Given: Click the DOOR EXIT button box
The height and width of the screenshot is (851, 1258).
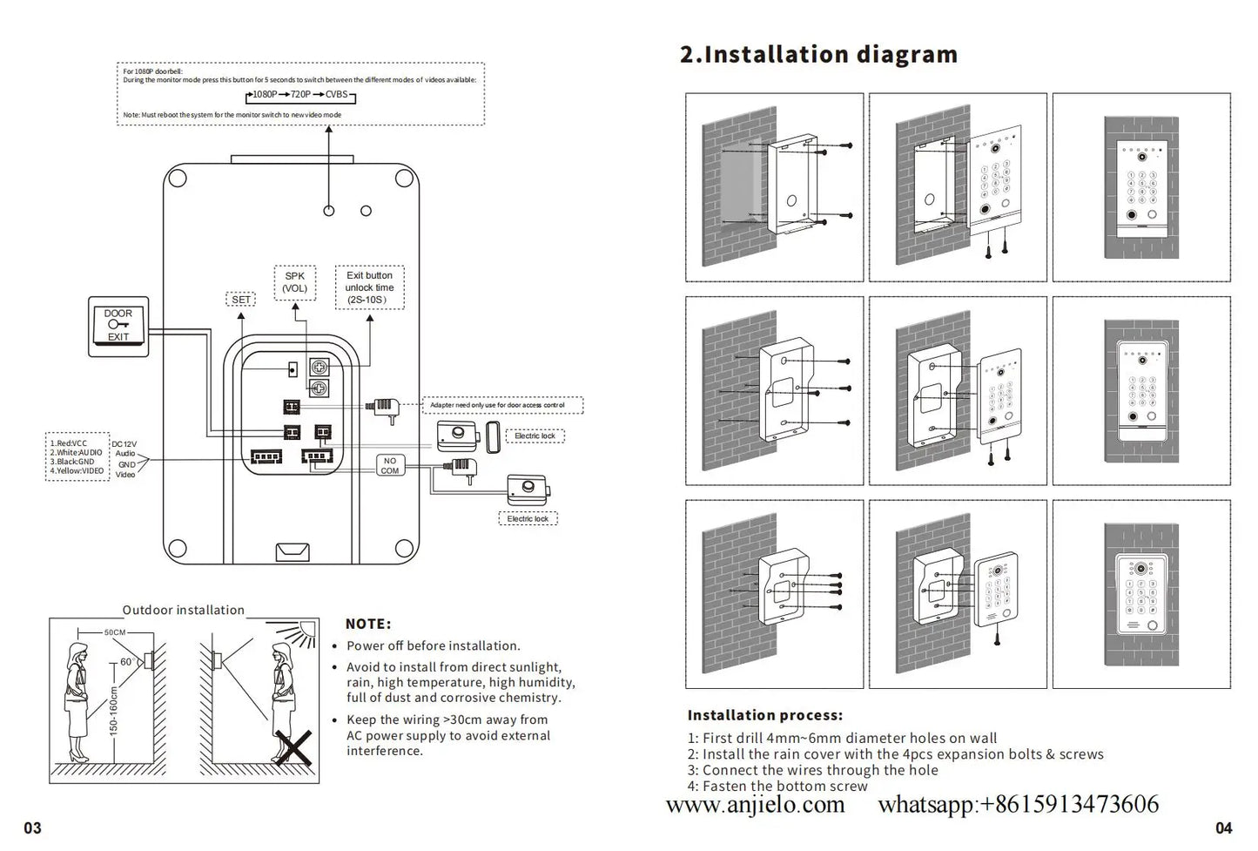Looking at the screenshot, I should coord(118,326).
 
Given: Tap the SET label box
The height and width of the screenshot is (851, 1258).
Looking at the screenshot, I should coord(241,300).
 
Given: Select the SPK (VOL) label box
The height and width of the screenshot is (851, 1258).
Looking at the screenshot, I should coord(295,282).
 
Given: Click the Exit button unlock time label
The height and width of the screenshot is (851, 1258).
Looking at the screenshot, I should coord(369,287).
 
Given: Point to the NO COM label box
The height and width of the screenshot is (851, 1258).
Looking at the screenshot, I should coord(389,466).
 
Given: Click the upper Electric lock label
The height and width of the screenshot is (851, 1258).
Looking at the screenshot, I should coord(535,436).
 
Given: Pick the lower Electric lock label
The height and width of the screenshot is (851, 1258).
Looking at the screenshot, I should coord(528,518).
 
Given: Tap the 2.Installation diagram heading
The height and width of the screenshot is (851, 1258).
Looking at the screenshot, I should coord(818,54).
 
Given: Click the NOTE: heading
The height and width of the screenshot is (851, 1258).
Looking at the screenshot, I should coord(368,624).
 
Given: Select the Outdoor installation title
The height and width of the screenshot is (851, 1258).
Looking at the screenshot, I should coord(183,610).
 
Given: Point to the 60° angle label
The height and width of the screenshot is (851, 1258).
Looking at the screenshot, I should coord(126,662).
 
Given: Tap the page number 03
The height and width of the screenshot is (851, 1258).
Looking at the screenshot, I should coord(32,827).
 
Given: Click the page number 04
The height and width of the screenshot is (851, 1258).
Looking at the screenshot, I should coord(1223,827).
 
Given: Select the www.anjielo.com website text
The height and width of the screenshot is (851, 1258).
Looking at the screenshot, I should coord(755,804).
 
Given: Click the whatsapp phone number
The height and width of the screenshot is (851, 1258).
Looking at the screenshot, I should coord(1018,804).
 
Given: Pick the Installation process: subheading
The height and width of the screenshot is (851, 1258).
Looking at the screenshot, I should coord(764,715).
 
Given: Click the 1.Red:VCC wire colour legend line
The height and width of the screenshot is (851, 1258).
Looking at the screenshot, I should coord(70,443).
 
